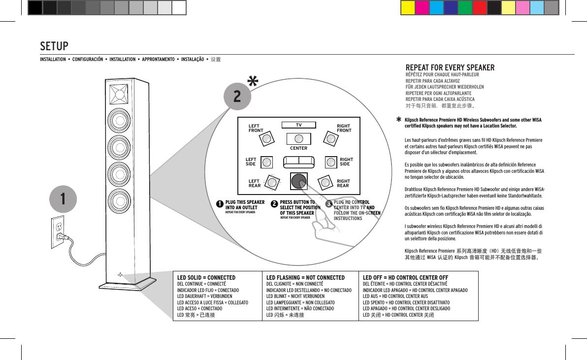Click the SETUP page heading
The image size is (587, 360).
[x=54, y=46]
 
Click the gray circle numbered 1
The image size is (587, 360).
[x=62, y=199]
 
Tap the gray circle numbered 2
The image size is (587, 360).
[x=237, y=96]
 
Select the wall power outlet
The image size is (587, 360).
[x=58, y=232]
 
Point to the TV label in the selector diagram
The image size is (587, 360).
[x=298, y=125]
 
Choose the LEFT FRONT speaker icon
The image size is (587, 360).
[x=266, y=138]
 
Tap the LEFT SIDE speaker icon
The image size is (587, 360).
[x=266, y=162]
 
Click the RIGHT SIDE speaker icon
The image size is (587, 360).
[x=331, y=162]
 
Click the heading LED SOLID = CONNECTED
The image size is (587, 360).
[x=206, y=278]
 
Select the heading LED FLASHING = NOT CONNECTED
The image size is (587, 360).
[x=305, y=278]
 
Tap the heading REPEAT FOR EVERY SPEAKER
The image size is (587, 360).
[x=450, y=68]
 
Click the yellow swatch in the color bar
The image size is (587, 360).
[x=407, y=8]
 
